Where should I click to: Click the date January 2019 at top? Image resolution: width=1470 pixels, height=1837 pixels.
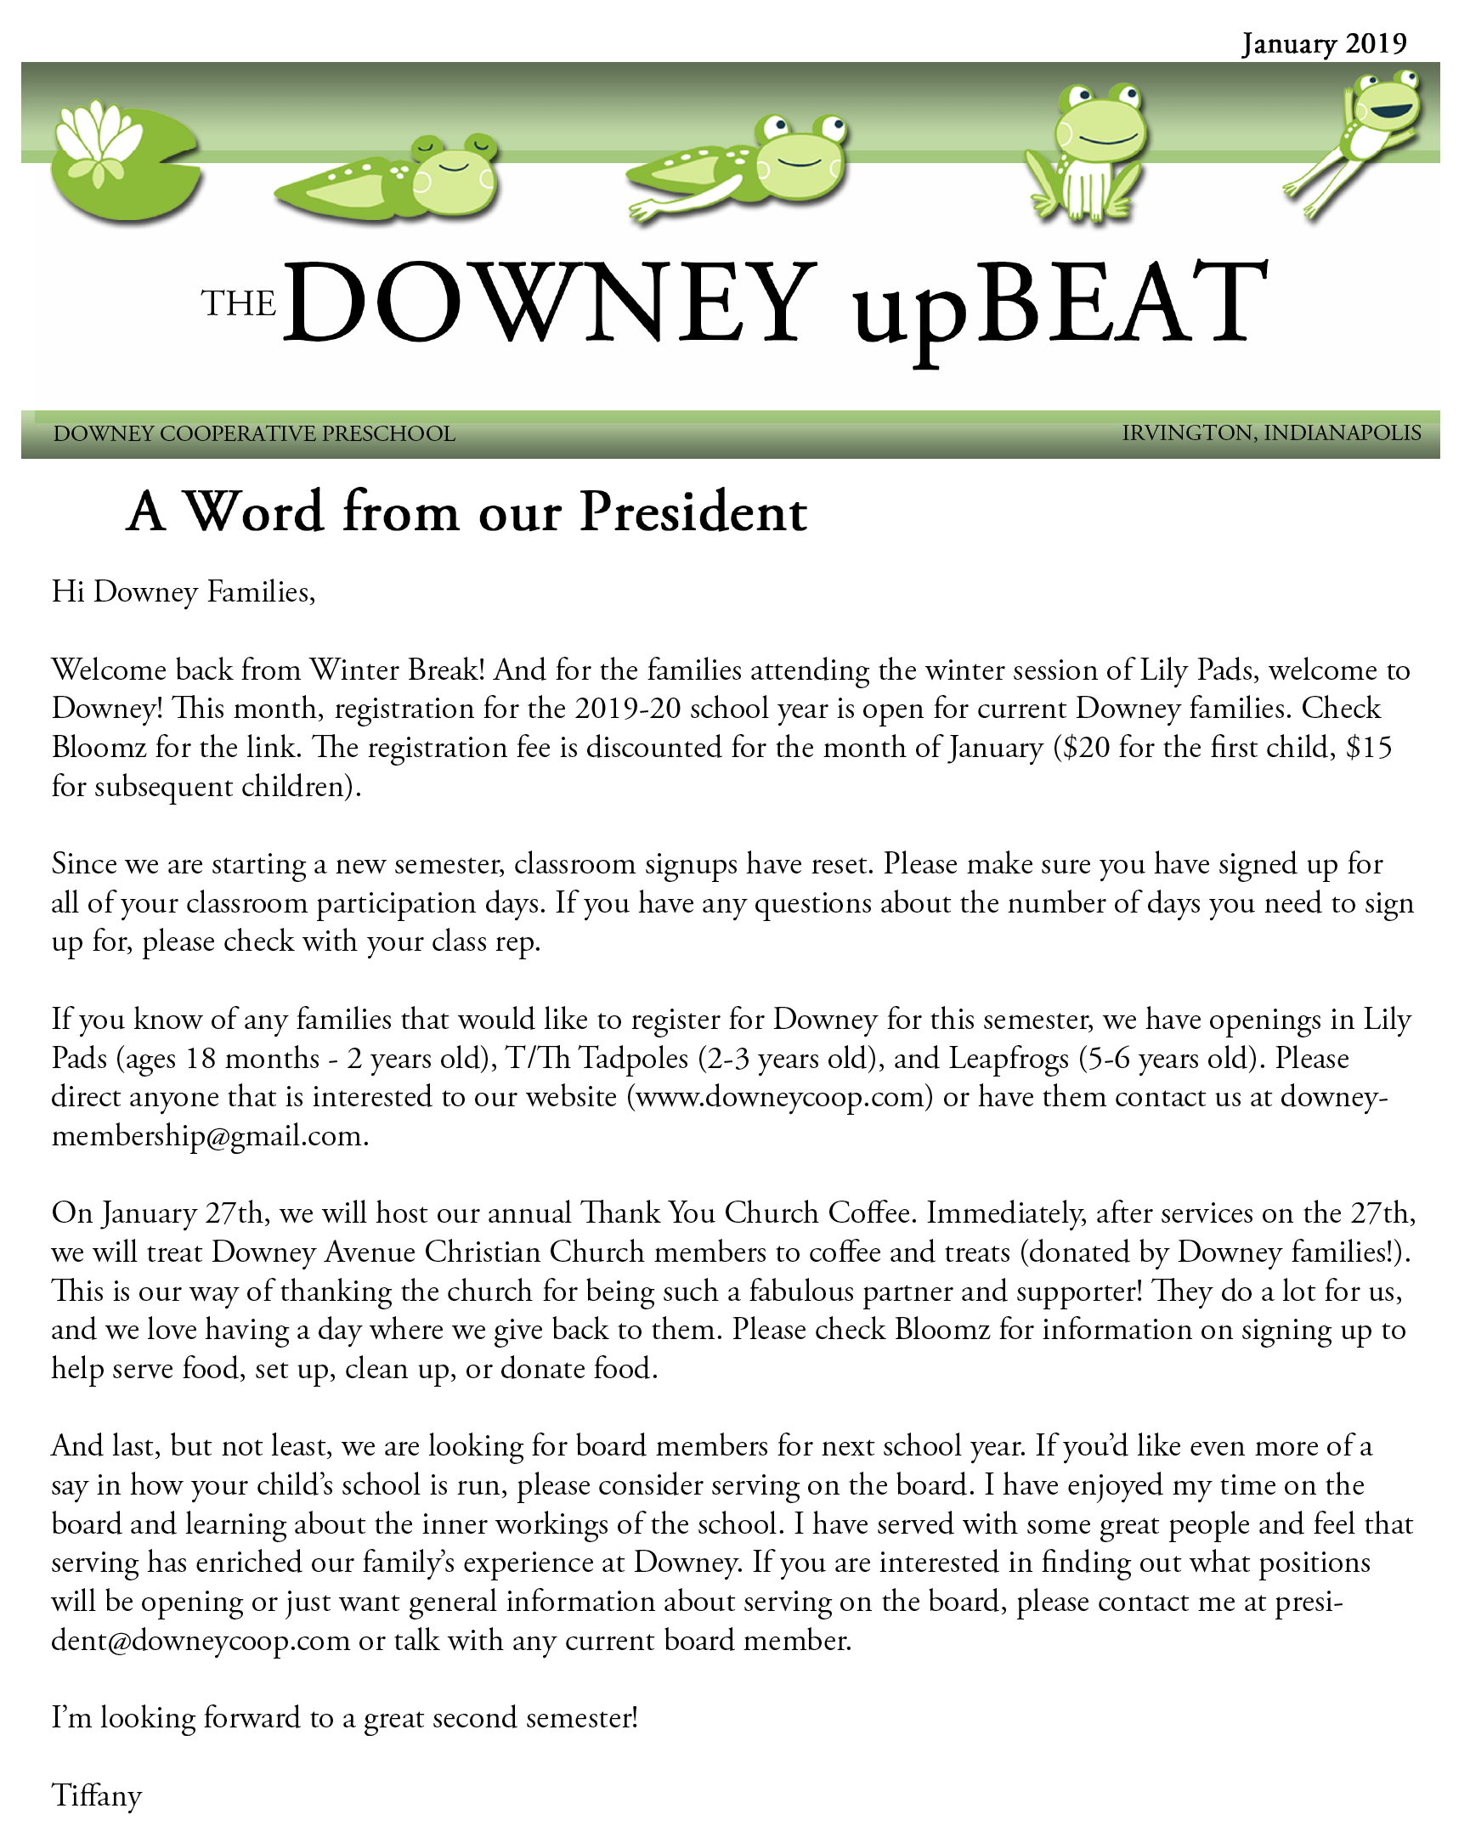coord(1324,42)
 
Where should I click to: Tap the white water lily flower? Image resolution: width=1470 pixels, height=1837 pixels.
coord(97,140)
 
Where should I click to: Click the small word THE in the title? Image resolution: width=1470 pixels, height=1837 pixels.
coord(239,303)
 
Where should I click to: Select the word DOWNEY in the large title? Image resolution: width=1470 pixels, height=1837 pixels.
coord(550,303)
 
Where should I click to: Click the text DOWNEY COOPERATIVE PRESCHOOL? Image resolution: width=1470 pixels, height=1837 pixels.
coord(254,433)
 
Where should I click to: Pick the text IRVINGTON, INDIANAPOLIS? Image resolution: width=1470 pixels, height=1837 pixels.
coord(1270,432)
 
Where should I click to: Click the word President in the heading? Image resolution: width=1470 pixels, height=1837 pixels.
coord(692,513)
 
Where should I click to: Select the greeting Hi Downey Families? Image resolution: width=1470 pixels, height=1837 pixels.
coord(184,591)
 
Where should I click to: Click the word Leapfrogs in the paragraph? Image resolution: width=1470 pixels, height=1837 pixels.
coord(1008,1058)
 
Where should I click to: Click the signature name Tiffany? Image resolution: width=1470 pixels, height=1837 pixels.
coord(96,1795)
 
